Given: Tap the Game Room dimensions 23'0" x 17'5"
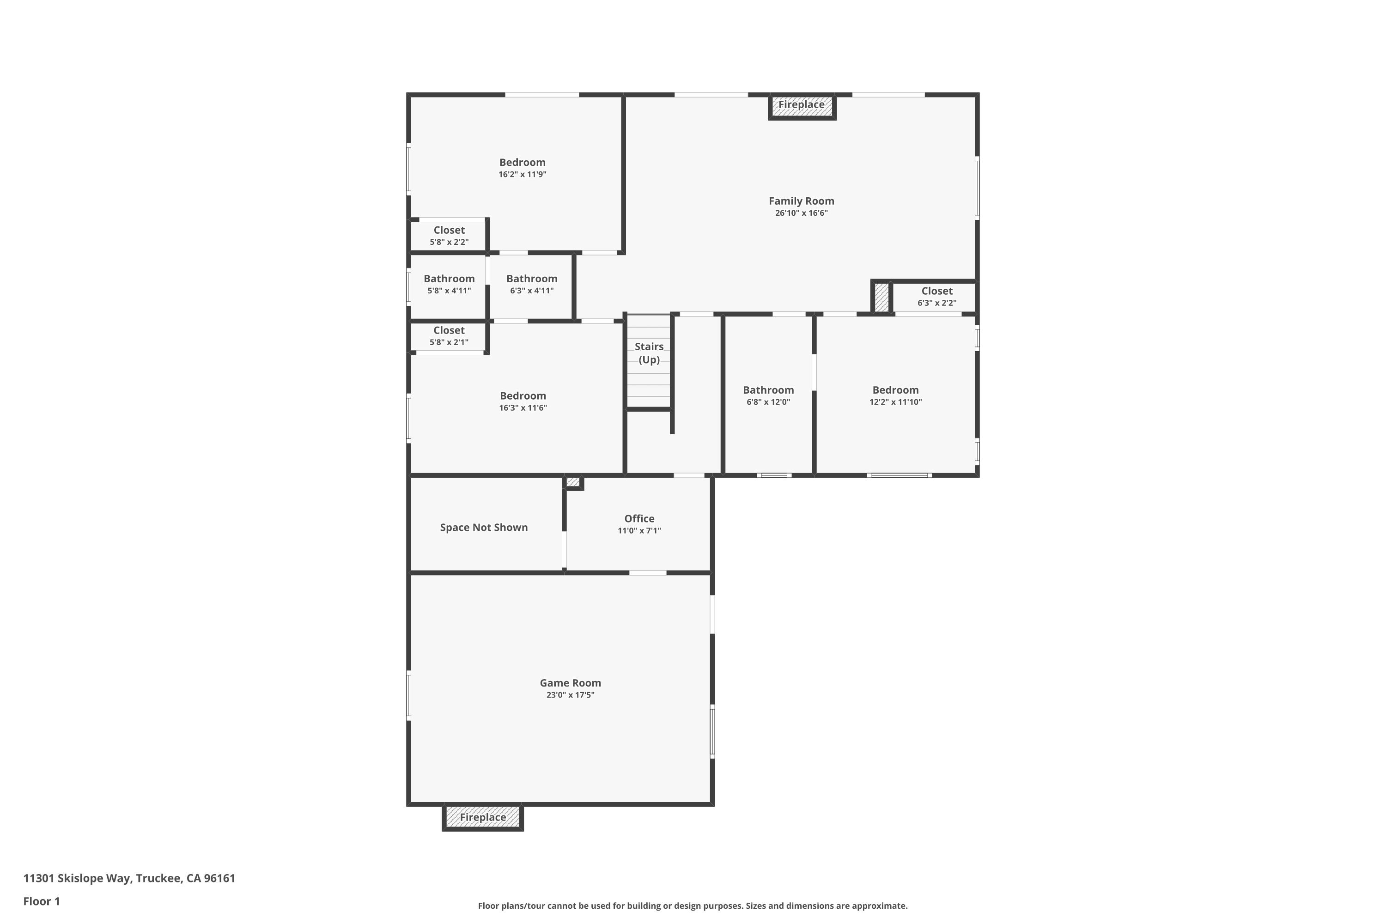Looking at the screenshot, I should [x=570, y=695].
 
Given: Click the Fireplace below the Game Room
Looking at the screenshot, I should [x=483, y=817].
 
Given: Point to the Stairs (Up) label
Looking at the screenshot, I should [x=649, y=353].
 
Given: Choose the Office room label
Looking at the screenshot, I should [x=639, y=518].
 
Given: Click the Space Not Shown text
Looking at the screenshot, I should [x=483, y=528].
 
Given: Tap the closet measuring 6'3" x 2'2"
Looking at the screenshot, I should [x=936, y=297].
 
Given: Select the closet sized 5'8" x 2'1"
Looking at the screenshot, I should [x=449, y=336].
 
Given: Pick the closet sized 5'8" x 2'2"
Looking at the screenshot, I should [x=449, y=236].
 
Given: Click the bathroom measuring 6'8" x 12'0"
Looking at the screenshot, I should [x=768, y=395].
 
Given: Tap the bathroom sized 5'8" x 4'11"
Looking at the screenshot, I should [x=449, y=284].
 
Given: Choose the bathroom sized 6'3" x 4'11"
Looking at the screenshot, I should [x=532, y=284].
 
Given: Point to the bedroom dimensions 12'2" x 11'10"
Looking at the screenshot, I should [x=895, y=402].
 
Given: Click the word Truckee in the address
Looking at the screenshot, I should [x=158, y=878].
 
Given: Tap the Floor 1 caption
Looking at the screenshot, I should [x=41, y=901].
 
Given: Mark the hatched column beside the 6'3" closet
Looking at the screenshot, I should [x=881, y=298].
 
